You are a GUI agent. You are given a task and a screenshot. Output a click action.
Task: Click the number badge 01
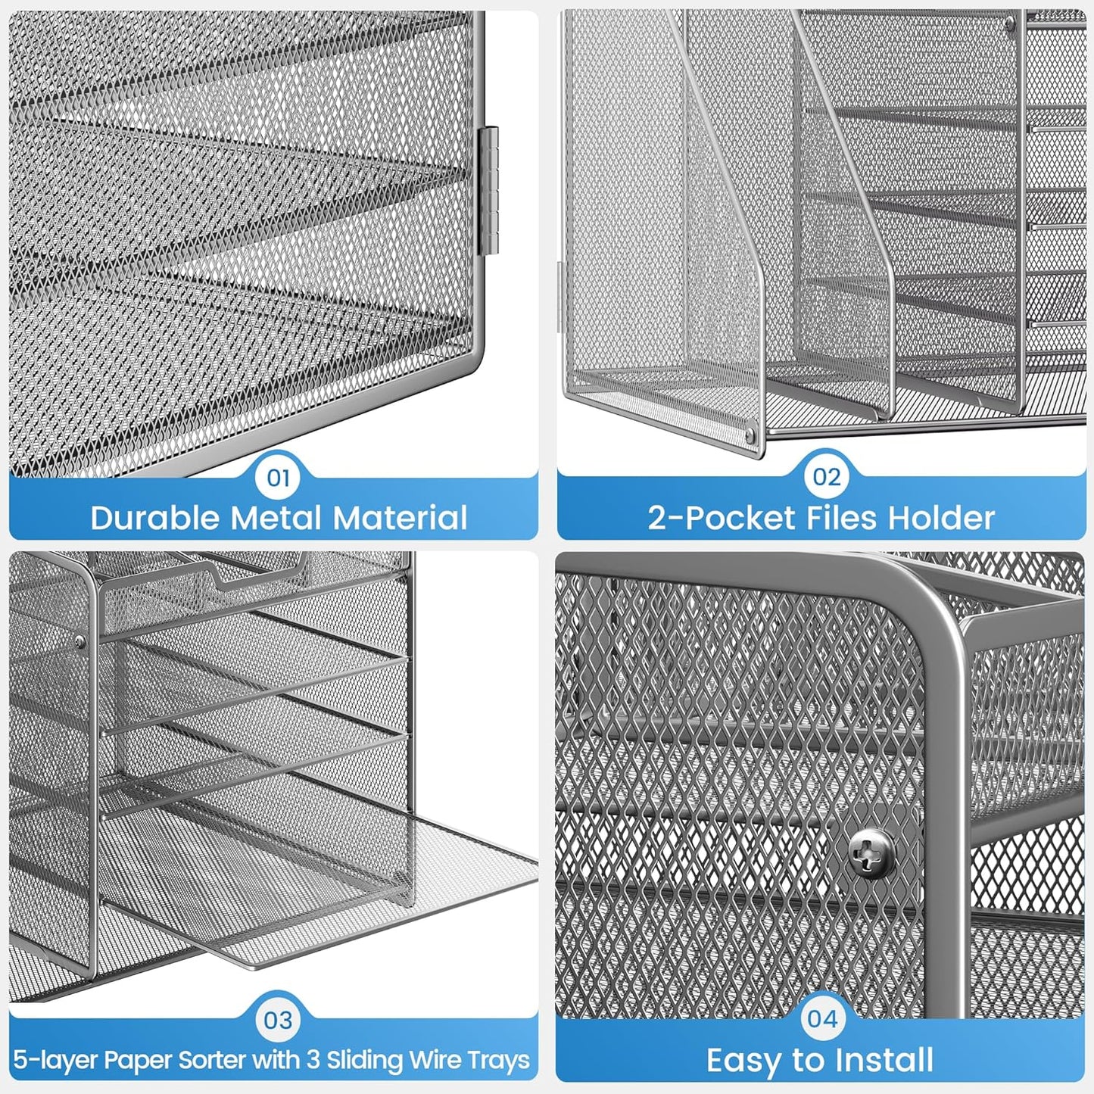point(279,478)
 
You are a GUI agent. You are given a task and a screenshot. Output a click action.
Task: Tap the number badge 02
point(826,477)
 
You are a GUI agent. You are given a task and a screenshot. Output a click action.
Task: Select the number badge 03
point(279,1020)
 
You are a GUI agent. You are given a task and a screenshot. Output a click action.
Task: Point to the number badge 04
point(822,1019)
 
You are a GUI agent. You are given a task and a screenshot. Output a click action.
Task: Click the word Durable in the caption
point(156,518)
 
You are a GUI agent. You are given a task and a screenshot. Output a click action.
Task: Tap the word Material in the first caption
point(401,518)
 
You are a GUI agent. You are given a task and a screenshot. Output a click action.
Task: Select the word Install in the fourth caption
point(885,1060)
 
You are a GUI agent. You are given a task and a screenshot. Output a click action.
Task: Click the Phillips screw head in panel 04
point(871,853)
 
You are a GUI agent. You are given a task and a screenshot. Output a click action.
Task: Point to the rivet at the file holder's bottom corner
point(750,436)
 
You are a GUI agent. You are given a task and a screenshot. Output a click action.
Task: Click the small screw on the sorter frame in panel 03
point(80,641)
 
